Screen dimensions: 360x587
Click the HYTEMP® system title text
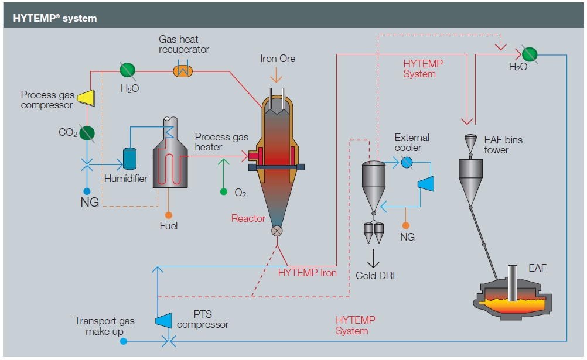click(x=55, y=18)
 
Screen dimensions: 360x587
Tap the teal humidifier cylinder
click(x=129, y=159)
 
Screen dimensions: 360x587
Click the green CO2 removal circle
click(x=87, y=133)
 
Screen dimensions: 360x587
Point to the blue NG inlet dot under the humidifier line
click(x=87, y=191)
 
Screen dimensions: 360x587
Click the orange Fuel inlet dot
click(x=169, y=215)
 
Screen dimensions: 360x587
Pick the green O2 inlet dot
click(x=223, y=191)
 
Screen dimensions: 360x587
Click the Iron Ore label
click(x=278, y=59)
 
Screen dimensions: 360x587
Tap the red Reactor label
click(x=248, y=218)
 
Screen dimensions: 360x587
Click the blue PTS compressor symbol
click(x=163, y=320)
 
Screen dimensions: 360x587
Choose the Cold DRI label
click(x=375, y=275)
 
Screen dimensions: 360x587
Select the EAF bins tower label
click(x=503, y=145)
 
